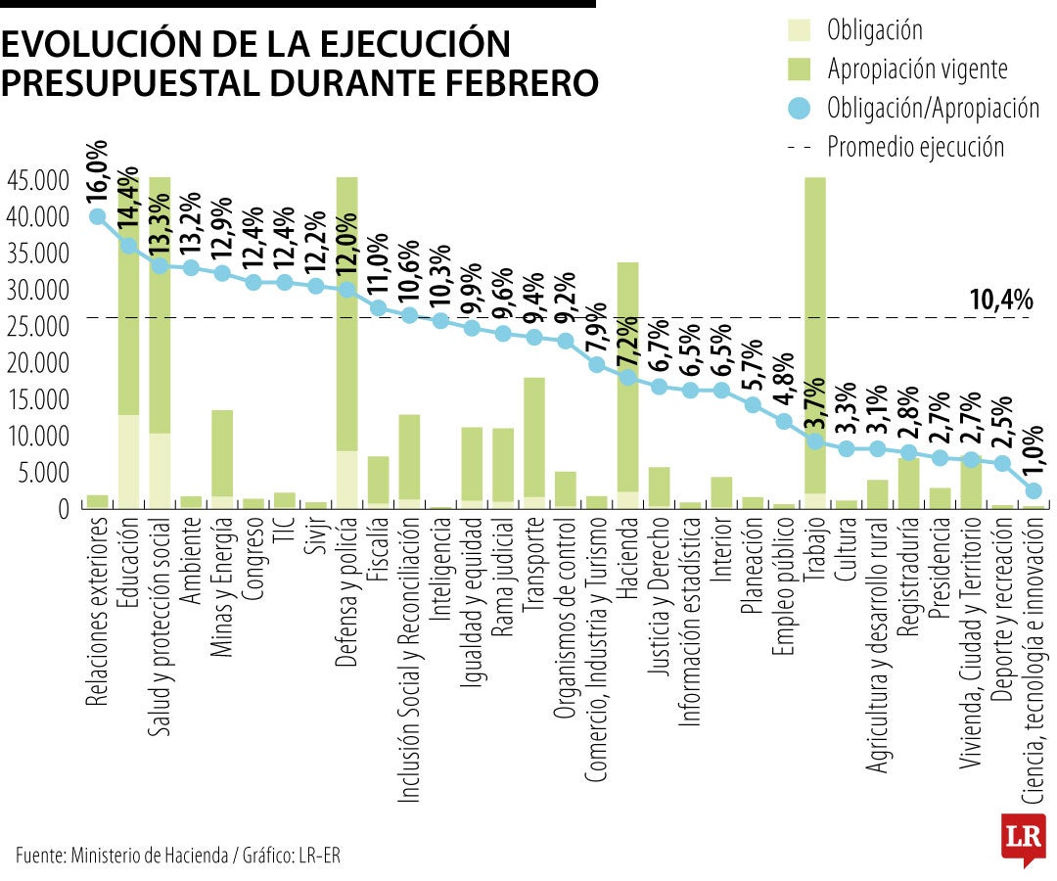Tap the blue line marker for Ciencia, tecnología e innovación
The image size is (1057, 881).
[x=1033, y=490]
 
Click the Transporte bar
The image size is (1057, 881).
[x=534, y=440]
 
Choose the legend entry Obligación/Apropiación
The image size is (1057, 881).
[x=932, y=107]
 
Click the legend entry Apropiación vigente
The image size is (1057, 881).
[x=916, y=69]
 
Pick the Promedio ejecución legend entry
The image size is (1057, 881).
[x=915, y=147]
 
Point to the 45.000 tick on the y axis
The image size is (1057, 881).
[x=37, y=180]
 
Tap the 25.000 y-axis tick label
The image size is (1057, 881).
[x=37, y=326]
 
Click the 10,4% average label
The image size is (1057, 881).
[x=1000, y=301]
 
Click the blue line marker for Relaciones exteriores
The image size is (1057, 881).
[x=98, y=216]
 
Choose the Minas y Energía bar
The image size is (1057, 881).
[x=222, y=455]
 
